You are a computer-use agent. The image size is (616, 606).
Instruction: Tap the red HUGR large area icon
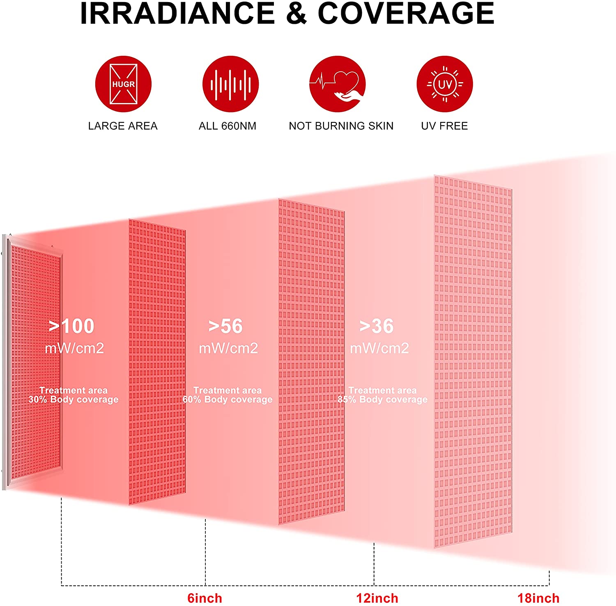[123, 84]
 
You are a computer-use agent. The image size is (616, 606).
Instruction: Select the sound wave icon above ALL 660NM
[230, 84]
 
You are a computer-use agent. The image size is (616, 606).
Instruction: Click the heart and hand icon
[337, 84]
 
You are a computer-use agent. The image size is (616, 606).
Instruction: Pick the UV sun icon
[445, 84]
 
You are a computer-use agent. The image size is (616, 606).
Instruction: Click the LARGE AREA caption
[123, 126]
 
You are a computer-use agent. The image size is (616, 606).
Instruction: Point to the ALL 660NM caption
[228, 126]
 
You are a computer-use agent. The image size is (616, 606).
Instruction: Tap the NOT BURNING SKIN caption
[341, 126]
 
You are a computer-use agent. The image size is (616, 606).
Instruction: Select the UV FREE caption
[444, 126]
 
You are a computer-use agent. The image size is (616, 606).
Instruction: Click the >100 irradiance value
[72, 326]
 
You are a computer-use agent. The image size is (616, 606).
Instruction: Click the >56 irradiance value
[225, 326]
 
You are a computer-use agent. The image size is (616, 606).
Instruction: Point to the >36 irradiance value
[377, 326]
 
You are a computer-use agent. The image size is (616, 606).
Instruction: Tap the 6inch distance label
[205, 598]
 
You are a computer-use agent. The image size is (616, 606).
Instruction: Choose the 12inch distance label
[377, 598]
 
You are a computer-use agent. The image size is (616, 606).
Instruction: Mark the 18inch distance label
[538, 598]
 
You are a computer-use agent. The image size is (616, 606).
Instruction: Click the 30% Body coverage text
[74, 399]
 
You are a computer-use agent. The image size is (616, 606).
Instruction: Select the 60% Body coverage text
[228, 399]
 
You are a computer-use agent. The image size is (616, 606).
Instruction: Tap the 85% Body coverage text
[382, 399]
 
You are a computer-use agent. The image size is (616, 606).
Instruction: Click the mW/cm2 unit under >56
[228, 349]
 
